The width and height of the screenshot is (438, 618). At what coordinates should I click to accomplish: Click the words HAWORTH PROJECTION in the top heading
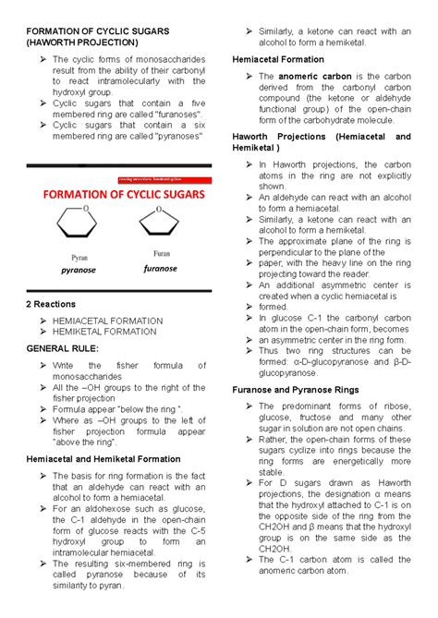(x=84, y=42)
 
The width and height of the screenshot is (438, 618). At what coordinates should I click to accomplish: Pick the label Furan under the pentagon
(x=158, y=253)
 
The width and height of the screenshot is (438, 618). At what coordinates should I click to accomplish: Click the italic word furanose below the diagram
(x=158, y=269)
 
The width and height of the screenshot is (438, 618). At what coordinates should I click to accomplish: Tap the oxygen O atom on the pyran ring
(x=85, y=209)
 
